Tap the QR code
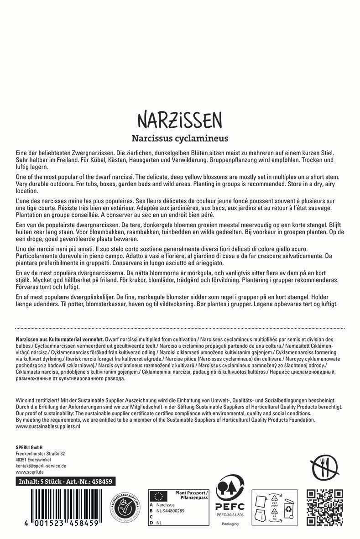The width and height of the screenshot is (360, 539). (324, 507)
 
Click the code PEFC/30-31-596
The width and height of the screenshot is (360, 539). (230, 514)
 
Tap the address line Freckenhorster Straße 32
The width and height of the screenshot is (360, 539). (40, 453)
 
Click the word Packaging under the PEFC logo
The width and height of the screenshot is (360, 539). (230, 524)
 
